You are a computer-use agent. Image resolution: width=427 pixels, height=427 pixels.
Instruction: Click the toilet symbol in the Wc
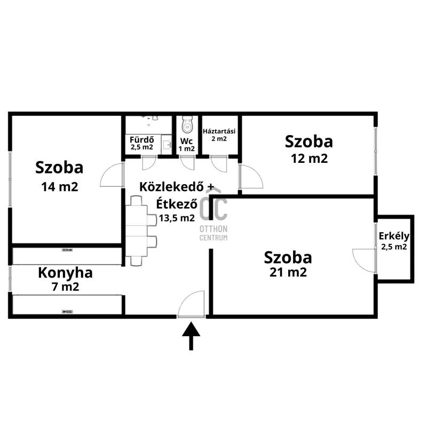pyautogui.click(x=187, y=125)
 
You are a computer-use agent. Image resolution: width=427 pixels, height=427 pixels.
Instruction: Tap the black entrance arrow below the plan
pyautogui.click(x=191, y=336)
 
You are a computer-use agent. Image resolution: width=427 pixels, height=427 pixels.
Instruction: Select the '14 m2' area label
pyautogui.click(x=60, y=187)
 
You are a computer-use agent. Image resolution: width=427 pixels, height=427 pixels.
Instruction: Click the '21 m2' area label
pyautogui.click(x=288, y=272)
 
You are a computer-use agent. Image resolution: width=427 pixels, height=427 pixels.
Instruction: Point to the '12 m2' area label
pyautogui.click(x=310, y=159)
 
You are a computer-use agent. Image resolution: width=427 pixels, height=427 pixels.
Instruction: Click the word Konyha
pyautogui.click(x=65, y=273)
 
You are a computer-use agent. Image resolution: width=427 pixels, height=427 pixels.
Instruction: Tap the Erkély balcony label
pyautogui.click(x=394, y=236)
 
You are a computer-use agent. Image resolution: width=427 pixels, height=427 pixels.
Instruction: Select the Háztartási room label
pyautogui.click(x=219, y=131)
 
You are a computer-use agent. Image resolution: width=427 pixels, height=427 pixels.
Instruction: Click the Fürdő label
pyautogui.click(x=141, y=140)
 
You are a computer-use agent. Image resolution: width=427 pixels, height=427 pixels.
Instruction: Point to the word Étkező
pyautogui.click(x=177, y=204)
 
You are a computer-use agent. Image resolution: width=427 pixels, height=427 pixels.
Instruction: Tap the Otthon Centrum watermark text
pyautogui.click(x=213, y=233)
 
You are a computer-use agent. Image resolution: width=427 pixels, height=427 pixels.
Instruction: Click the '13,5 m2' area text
pyautogui.click(x=177, y=218)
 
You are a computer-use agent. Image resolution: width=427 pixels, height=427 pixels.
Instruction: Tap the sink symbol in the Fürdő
pyautogui.click(x=167, y=144)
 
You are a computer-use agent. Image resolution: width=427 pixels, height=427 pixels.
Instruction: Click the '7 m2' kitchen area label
pyautogui.click(x=65, y=287)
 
